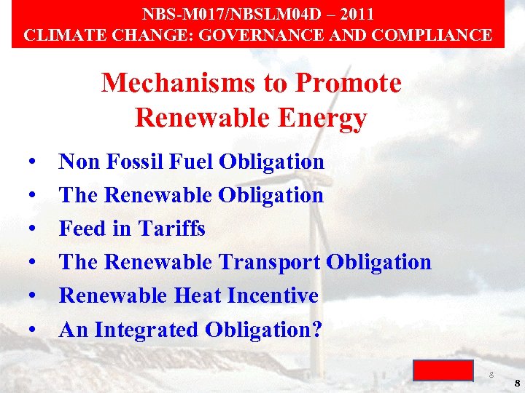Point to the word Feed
pyautogui.click(x=82, y=229)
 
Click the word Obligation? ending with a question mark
pyautogui.click(x=264, y=330)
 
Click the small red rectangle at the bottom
pyautogui.click(x=443, y=370)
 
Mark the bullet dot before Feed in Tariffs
pyautogui.click(x=34, y=229)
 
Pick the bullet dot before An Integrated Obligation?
pyautogui.click(x=34, y=330)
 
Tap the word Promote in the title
pyautogui.click(x=349, y=83)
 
